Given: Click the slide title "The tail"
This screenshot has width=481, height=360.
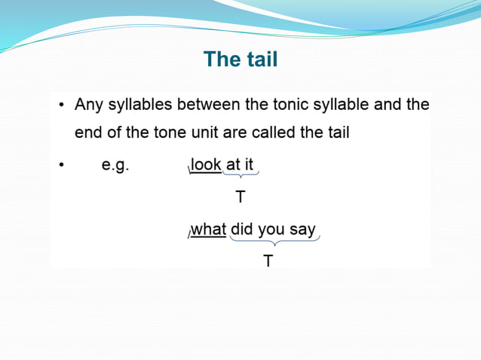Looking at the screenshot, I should click(240, 59).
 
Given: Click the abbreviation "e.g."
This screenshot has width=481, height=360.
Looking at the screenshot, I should click(115, 165).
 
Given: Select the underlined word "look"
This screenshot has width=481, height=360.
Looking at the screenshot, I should click(207, 164).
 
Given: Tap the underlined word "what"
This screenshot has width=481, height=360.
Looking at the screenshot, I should click(209, 229).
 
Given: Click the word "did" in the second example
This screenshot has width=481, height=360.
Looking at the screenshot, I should click(242, 229).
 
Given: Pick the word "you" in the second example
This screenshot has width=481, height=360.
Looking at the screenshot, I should click(272, 230).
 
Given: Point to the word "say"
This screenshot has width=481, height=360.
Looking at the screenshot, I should click(302, 230).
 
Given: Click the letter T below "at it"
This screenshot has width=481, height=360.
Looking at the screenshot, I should click(240, 197).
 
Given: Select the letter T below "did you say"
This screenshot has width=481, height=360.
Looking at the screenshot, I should click(268, 261).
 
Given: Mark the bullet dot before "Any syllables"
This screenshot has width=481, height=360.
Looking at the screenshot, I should click(61, 105).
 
